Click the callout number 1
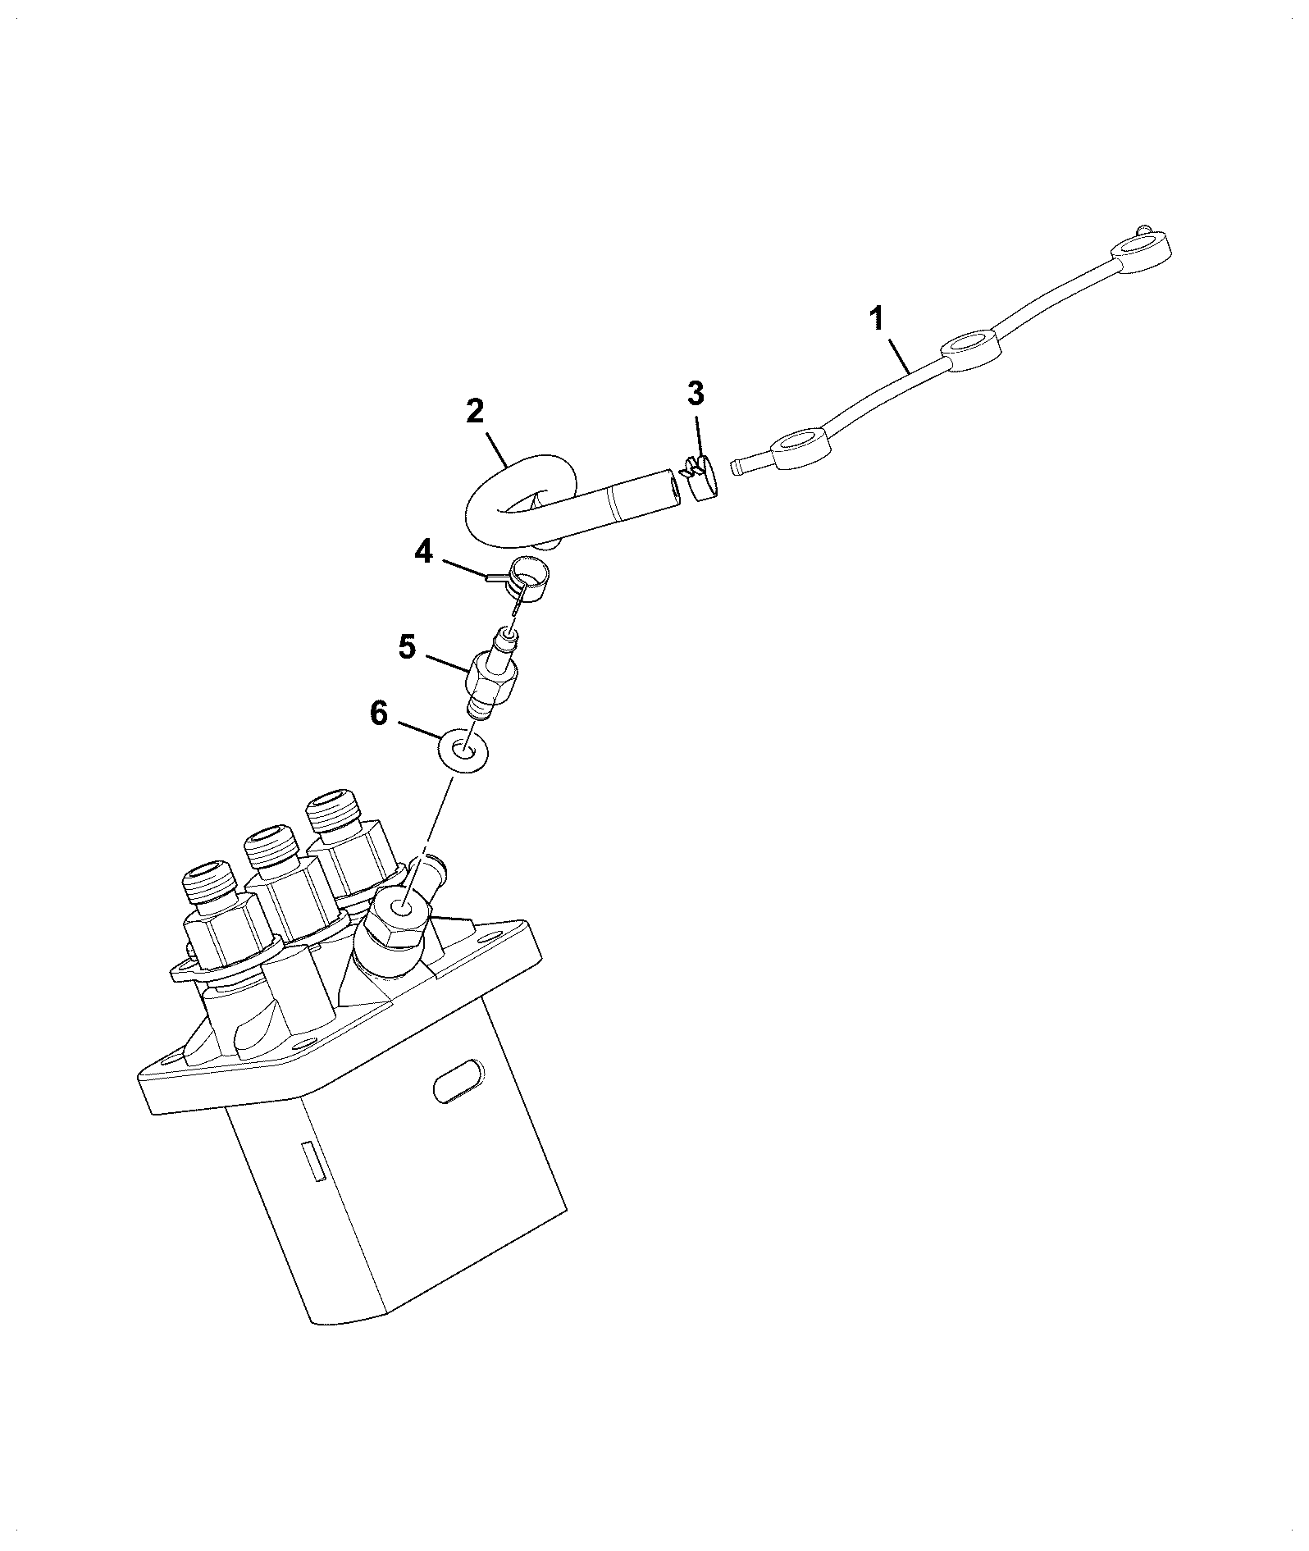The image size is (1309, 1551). click(877, 318)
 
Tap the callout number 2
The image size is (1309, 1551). click(475, 411)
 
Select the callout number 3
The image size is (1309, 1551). click(695, 394)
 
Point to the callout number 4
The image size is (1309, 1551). click(423, 551)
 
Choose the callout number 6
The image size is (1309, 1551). click(378, 714)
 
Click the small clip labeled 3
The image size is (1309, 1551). click(698, 479)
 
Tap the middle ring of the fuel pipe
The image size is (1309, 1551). click(972, 350)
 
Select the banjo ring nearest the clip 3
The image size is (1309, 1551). click(801, 449)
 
